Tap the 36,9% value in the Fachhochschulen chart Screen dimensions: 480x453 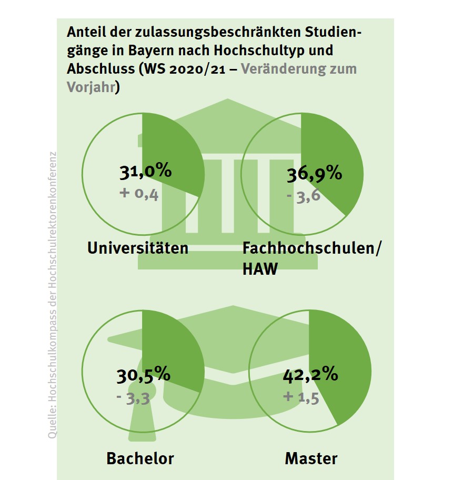pyautogui.click(x=314, y=175)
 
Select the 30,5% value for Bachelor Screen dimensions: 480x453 pyautogui.click(x=143, y=375)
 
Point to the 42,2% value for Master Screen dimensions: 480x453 pyautogui.click(x=310, y=375)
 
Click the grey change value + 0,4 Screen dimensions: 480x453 pyautogui.click(x=139, y=194)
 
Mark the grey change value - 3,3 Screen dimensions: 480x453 pyautogui.click(x=134, y=397)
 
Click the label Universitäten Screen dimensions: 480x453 pyautogui.click(x=138, y=248)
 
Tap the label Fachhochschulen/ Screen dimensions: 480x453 pyautogui.click(x=311, y=248)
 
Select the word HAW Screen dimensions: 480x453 pyautogui.click(x=260, y=269)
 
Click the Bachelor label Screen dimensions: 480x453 pyautogui.click(x=140, y=458)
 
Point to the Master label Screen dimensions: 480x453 pyautogui.click(x=311, y=458)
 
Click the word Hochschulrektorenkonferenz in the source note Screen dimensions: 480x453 pyautogui.click(x=53, y=205)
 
